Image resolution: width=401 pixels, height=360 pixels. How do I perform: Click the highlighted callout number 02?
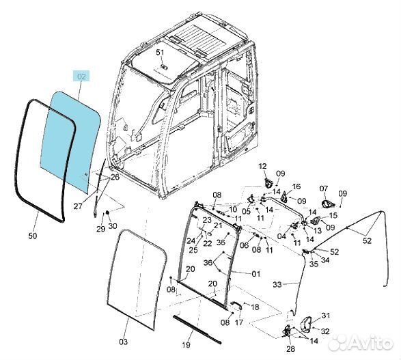tap(81, 77)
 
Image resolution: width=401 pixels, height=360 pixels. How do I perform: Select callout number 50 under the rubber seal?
tap(33, 236)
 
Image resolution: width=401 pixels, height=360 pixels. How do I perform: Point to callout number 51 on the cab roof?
tap(160, 53)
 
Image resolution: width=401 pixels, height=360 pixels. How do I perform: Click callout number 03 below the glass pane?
tap(123, 342)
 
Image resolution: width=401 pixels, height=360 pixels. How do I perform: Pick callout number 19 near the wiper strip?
tap(186, 345)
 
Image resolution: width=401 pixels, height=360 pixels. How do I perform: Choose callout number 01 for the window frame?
tap(256, 274)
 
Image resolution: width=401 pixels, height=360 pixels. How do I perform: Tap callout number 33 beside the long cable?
tap(277, 284)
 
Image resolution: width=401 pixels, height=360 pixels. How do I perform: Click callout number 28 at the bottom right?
tap(290, 349)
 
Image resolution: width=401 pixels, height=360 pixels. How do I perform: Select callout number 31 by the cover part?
tap(326, 316)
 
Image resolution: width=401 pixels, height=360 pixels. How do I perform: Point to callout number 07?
tap(324, 189)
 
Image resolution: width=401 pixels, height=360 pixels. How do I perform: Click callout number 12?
tap(262, 166)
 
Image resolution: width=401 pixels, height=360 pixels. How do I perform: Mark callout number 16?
tap(296, 186)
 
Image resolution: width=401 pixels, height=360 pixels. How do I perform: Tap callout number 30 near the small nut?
tap(113, 226)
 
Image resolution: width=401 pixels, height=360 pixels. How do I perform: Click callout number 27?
tap(78, 206)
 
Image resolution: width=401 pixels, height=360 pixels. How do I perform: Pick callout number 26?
tap(115, 177)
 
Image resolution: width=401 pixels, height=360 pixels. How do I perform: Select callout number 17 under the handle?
tap(238, 322)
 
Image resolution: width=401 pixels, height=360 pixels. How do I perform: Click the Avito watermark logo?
tap(361, 342)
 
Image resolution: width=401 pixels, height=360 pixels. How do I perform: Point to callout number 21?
tap(218, 225)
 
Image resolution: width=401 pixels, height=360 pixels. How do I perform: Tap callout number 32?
tap(325, 331)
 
